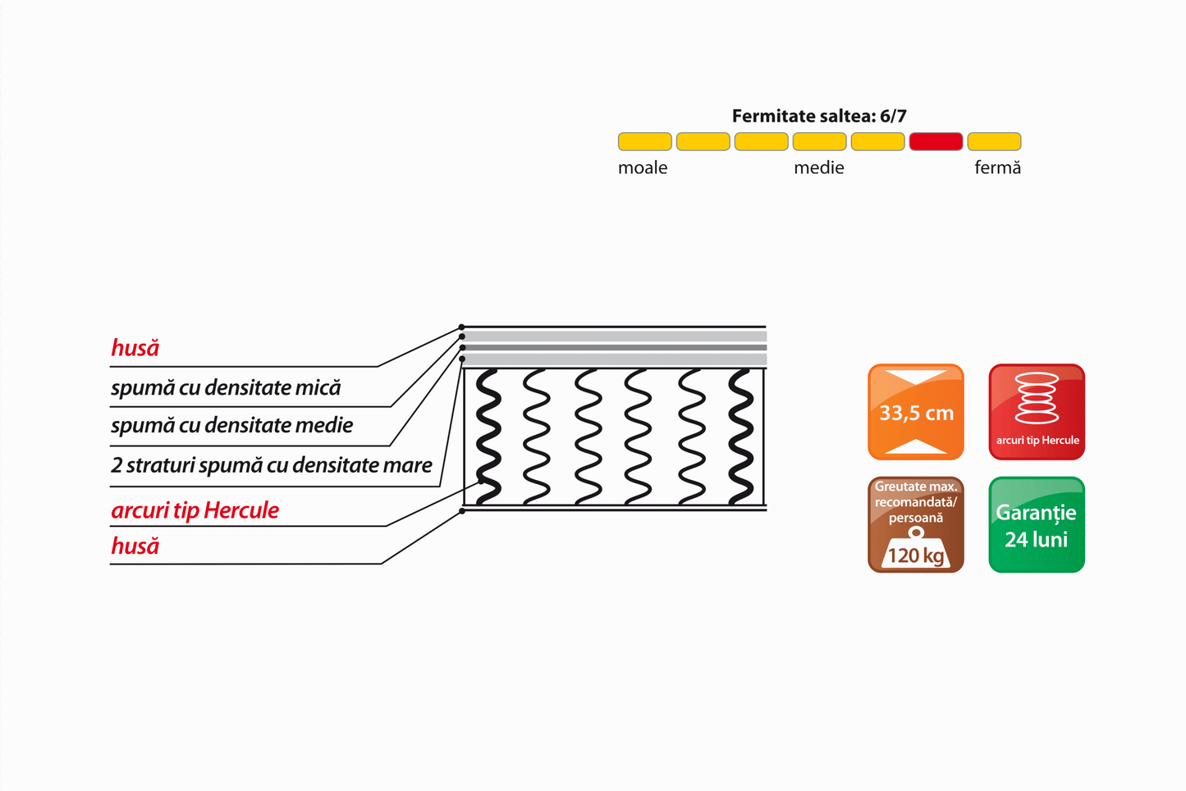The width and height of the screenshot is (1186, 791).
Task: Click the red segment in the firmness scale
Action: point(936,141)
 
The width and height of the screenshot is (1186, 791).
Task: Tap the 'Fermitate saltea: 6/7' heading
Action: point(819,116)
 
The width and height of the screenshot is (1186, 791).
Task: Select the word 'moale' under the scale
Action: point(643,168)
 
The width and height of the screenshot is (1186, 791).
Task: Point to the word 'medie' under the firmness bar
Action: point(818,168)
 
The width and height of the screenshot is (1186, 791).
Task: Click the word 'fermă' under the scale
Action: point(997,168)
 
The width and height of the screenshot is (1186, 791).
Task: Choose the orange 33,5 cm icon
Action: point(915,412)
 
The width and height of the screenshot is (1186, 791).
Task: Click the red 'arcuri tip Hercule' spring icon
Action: point(1037,412)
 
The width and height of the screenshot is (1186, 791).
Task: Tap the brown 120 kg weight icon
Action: point(915,524)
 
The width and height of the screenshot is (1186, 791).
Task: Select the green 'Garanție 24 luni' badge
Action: point(1037,524)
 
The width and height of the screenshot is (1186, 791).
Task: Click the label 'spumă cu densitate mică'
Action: point(226,387)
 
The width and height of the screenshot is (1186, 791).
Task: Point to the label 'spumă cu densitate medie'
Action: point(232,425)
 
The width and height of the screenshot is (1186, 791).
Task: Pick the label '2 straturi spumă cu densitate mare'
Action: point(271,465)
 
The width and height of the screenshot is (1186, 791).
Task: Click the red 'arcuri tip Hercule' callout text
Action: point(195,510)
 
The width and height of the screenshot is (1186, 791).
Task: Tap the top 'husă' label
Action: point(135,348)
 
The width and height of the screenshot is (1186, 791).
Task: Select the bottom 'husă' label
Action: point(135,546)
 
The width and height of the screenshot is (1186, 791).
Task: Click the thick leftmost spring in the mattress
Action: point(488,437)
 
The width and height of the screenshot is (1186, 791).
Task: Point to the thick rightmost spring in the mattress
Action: point(741,437)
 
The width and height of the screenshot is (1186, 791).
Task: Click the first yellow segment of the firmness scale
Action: point(644,141)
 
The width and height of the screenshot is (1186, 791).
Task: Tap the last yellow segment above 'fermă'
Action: point(994,141)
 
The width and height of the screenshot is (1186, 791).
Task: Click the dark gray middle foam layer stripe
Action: point(615,348)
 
